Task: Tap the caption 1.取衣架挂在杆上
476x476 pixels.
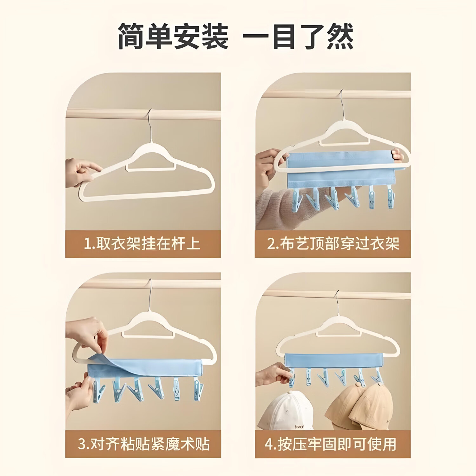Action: point(142,244)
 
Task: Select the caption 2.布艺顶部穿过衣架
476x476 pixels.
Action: point(333,244)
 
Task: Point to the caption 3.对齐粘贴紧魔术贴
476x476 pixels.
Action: point(144,444)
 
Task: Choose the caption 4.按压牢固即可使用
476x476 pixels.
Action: point(330,444)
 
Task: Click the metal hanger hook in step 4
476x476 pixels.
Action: point(337,305)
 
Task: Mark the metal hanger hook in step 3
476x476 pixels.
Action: point(151,294)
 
